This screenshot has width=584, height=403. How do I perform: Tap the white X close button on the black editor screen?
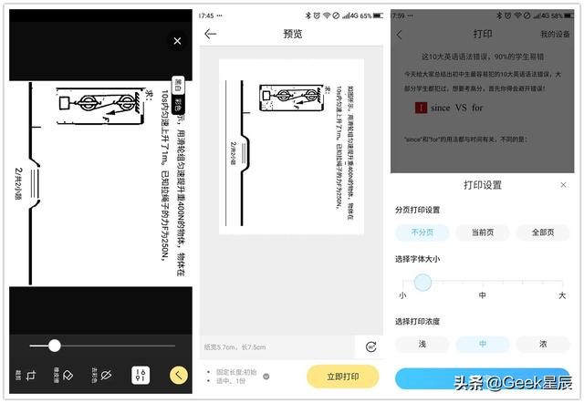coord(177,41)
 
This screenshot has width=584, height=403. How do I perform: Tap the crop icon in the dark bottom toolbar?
coord(31,375)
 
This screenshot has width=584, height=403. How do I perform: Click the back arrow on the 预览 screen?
coord(211,34)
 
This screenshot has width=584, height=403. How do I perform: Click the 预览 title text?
coord(293,34)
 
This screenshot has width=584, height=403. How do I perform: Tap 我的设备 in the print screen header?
coord(555,34)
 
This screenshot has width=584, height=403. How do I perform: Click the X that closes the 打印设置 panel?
coord(563,185)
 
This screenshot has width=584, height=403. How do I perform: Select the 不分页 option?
coord(422,232)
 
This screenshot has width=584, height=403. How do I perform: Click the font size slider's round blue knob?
coord(422,283)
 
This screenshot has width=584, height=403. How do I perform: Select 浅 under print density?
coord(422,344)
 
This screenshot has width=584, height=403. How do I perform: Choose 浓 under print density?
coord(543,344)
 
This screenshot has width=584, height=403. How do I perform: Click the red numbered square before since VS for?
coord(421,108)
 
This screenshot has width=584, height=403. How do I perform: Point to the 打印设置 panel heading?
coord(482,185)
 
